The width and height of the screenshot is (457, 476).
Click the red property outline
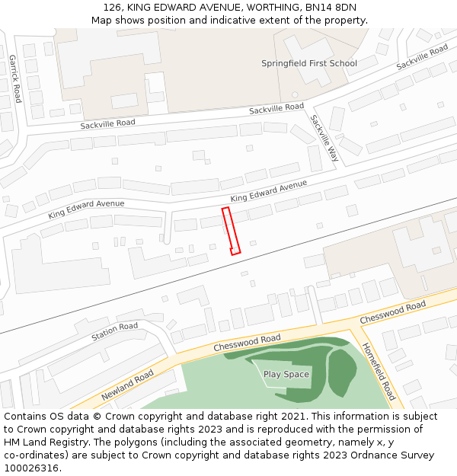coord(232,230)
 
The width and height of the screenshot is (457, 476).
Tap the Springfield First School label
coord(308,63)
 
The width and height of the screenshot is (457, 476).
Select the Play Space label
coord(286,374)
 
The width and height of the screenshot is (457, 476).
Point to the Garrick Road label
coord(14,78)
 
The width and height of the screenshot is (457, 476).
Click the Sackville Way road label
coord(324,138)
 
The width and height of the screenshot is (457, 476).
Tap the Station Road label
coord(114,331)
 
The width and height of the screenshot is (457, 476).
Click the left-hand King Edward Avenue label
coord(86,209)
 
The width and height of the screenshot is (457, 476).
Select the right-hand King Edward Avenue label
coord(269,191)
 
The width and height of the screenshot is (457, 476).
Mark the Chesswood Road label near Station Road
coord(247,343)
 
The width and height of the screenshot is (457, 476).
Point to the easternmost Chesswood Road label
coord(392,311)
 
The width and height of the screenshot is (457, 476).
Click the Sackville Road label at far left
coord(108,123)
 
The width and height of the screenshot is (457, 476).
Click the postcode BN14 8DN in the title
coord(331,8)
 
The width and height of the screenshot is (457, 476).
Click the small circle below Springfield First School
coord(295,94)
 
